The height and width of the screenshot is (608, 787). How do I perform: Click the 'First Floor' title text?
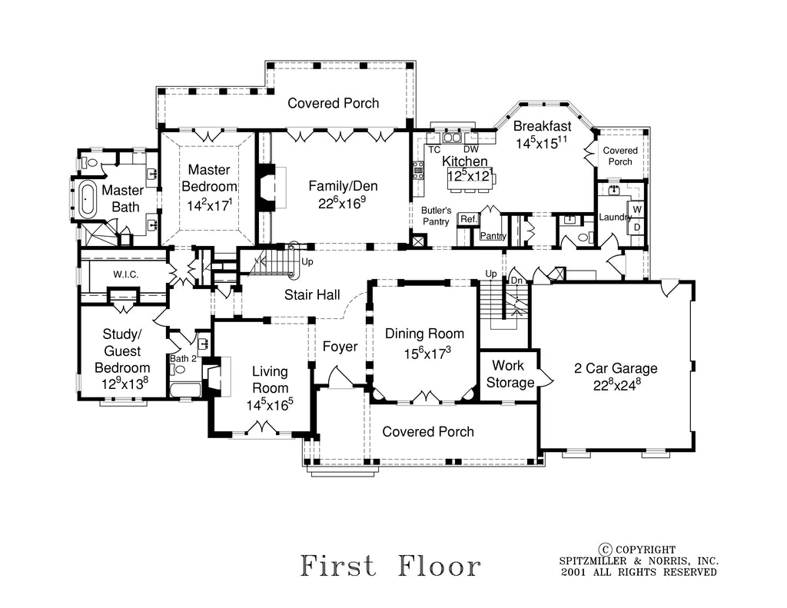point(390,566)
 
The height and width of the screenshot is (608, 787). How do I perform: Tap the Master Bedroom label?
point(209,178)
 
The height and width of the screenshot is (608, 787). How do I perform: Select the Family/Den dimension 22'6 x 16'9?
point(343,204)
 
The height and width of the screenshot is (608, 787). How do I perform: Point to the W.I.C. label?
point(125,274)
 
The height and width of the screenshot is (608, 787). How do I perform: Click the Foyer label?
point(340,347)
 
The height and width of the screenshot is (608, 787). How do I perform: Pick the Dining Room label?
point(424,334)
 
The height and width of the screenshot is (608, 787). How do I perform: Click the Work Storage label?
point(513,374)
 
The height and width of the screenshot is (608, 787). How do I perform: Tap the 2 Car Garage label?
point(616,368)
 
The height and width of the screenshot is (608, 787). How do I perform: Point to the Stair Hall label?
point(312,294)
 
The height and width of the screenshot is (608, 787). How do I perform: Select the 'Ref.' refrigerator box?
point(468,219)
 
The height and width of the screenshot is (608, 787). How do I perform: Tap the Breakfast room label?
point(542,126)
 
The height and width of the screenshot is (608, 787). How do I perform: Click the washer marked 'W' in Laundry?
point(637,209)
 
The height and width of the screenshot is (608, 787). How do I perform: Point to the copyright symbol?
point(606,549)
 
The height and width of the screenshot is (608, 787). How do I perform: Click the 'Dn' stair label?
point(516,281)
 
